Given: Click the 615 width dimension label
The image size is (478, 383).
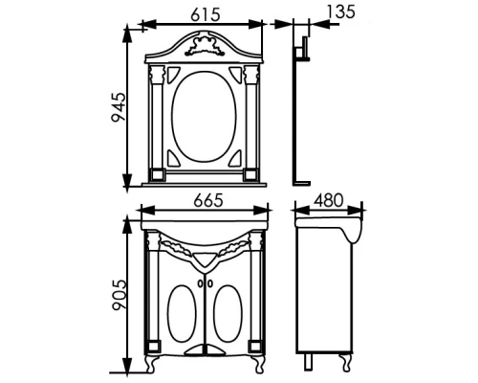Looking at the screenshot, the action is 206,15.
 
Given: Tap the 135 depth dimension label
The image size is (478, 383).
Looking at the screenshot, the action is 340,11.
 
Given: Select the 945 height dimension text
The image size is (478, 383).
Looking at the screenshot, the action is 119,107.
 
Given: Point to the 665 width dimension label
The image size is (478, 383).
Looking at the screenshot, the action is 208,201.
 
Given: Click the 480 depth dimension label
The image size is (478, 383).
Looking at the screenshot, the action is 328,200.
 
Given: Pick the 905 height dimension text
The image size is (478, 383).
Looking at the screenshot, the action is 119,295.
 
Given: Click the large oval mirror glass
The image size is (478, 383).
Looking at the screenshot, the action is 204,117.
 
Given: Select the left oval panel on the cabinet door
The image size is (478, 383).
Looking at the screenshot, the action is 182,313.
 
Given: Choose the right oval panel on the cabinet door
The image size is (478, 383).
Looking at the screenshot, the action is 228,313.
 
